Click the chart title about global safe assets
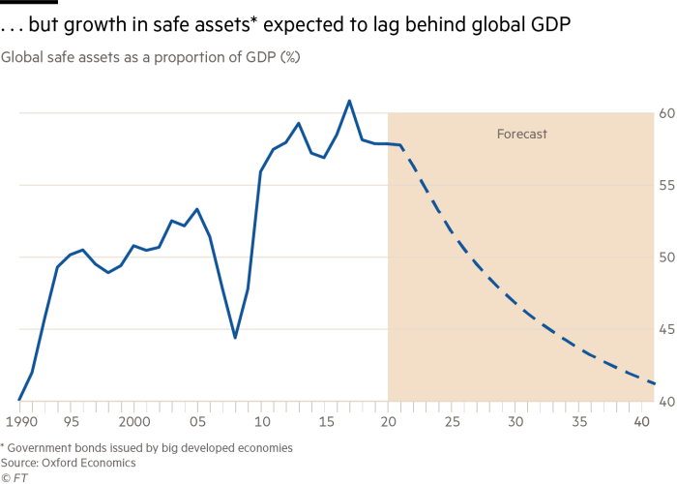point(150,57)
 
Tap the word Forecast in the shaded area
point(522,135)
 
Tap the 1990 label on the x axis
point(19,423)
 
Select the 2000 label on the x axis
point(133,423)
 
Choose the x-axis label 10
point(260,423)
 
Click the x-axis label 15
point(324,423)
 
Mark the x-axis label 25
point(451,423)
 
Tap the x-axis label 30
point(515,423)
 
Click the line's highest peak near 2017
point(349,100)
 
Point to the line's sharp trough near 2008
point(235,338)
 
